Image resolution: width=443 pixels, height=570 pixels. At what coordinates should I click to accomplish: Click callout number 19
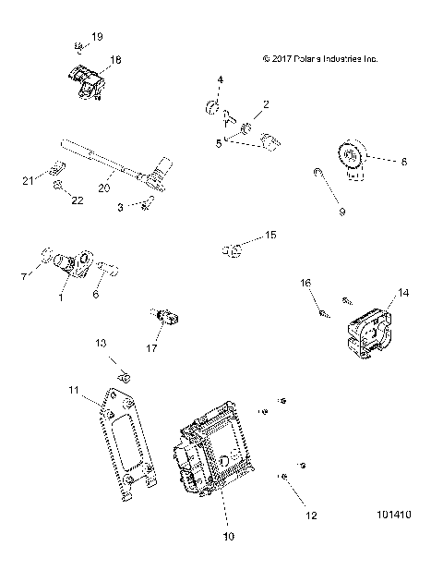coord(99,37)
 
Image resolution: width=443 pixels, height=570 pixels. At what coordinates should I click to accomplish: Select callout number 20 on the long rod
coord(103,187)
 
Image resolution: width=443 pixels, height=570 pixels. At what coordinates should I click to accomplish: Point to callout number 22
coord(77,200)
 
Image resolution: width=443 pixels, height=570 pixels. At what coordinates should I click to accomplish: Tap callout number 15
coord(270,236)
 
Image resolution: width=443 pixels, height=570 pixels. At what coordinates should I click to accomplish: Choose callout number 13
coord(102,344)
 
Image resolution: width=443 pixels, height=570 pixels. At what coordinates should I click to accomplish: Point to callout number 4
coord(220,80)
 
